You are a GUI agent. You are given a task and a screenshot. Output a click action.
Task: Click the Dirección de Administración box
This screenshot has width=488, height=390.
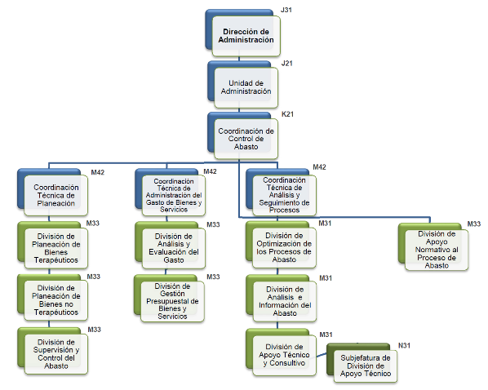246,36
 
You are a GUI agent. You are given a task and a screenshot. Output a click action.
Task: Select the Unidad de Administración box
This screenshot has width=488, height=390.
246,87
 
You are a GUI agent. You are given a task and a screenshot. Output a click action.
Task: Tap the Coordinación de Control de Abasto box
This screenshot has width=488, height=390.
246,139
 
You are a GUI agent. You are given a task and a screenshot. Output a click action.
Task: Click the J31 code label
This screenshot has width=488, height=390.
286,10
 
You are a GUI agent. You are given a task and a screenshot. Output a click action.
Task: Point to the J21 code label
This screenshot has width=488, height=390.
286,64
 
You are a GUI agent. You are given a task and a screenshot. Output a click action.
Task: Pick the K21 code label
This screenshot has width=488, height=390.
287,114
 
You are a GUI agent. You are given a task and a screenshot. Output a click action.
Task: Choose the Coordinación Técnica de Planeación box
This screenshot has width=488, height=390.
56,196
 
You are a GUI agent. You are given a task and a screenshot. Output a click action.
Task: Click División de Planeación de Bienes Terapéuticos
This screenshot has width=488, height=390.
56,248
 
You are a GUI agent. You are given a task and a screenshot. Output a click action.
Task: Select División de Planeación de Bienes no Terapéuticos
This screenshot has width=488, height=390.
56,300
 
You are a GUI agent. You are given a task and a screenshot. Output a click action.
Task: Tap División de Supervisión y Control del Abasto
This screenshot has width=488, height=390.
56,354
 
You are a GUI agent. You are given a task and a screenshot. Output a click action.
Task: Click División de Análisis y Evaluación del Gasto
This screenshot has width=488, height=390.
174,248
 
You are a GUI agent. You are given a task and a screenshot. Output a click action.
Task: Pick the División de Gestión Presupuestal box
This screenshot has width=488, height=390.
172,301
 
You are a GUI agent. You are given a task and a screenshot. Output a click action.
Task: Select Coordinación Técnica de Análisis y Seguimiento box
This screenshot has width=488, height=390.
284,195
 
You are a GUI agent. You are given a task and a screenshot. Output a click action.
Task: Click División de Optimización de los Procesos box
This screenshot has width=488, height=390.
284,248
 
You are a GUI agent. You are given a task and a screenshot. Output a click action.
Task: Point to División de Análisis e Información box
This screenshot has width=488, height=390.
285,301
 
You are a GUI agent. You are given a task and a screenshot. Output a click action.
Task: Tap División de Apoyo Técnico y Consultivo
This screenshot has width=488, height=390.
284,355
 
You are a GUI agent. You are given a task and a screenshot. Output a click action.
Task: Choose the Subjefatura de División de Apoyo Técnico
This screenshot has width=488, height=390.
366,366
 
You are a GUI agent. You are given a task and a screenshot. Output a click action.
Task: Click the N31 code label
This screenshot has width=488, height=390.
404,345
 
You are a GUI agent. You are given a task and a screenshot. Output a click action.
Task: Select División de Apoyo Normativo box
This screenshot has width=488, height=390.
437,250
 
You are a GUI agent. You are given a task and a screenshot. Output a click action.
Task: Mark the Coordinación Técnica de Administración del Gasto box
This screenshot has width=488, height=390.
174,196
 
